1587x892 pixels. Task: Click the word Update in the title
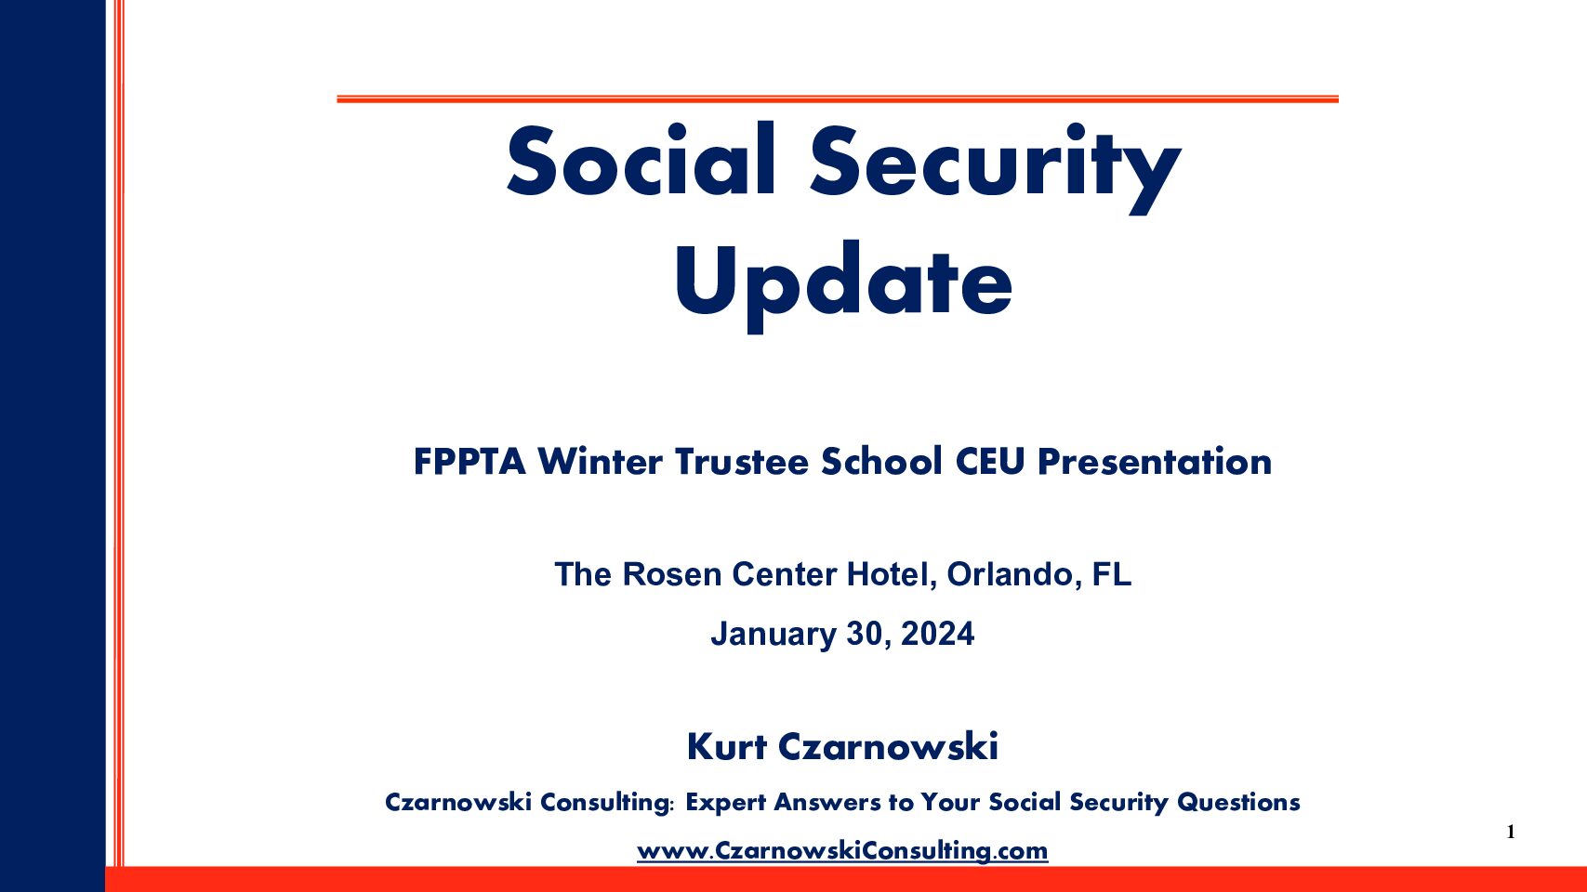pos(843,284)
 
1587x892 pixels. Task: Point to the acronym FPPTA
pos(469,462)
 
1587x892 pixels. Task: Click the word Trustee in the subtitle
pos(742,462)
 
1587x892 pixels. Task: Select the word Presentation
pos(1155,463)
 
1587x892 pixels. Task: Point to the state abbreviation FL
pos(1112,574)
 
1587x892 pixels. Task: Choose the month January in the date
pos(774,635)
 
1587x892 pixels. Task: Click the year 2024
pos(937,634)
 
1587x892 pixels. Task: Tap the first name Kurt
pos(727,747)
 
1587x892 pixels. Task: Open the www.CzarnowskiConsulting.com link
pos(842,850)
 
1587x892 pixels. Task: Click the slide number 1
pos(1511,832)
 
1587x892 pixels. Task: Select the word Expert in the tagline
pos(726,803)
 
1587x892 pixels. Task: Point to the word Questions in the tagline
pos(1238,802)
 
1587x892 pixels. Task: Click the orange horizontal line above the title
pos(838,99)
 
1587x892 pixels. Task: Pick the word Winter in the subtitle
pos(600,462)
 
